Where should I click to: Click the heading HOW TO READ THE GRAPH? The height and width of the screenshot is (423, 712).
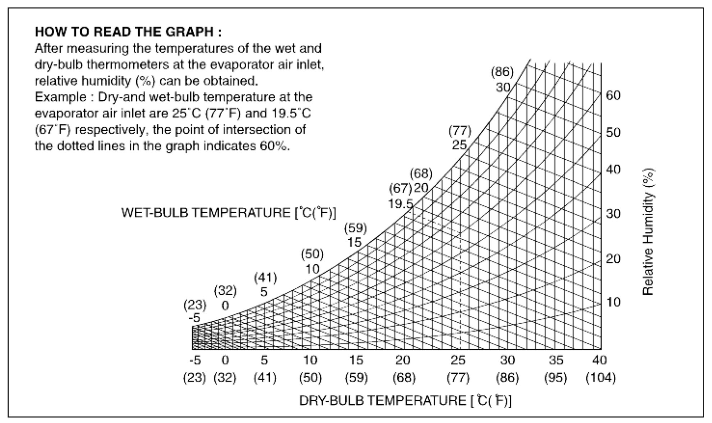point(128,32)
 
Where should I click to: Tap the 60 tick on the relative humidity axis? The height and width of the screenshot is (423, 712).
point(613,96)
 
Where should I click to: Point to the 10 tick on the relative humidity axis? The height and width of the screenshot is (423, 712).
point(613,302)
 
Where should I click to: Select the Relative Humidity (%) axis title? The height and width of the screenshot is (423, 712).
point(648,232)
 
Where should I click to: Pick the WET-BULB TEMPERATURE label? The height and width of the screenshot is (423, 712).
point(229,213)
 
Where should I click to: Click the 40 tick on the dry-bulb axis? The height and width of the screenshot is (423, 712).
point(599,360)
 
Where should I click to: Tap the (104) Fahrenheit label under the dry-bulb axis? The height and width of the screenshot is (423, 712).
point(601,378)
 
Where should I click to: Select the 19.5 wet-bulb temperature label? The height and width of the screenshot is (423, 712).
point(401,204)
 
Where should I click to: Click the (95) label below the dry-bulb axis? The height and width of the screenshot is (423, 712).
point(556,378)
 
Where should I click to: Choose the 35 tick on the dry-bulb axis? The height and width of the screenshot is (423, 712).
point(556,360)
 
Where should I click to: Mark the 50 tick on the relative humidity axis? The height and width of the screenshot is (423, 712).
point(613,133)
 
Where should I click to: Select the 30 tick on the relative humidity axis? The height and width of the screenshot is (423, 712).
point(613,214)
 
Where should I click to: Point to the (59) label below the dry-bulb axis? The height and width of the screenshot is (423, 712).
point(356,378)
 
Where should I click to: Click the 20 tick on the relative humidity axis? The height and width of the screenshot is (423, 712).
point(613,259)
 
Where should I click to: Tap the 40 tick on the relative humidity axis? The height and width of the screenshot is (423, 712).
point(613,169)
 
